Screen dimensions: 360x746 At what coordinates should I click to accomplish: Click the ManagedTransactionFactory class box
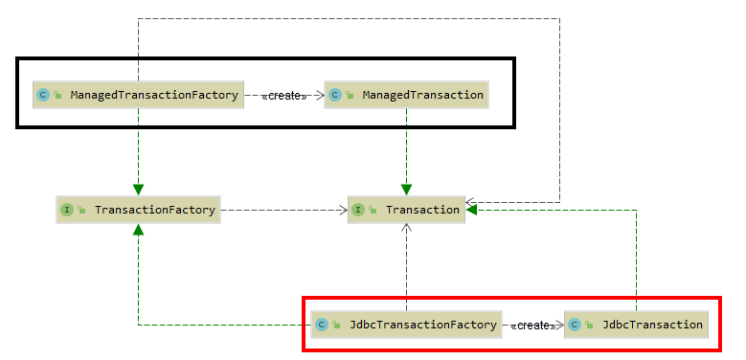point(139,95)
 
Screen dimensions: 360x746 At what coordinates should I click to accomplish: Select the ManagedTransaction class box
point(406,95)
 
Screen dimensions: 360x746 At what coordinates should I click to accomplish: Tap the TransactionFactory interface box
point(139,209)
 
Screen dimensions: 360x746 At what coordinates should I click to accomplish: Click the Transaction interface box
point(406,209)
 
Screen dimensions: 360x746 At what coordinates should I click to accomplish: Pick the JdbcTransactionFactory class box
point(406,325)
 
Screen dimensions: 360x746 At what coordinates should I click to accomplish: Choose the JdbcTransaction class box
point(636,325)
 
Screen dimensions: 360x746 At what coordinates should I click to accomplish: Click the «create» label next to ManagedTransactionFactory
point(284,96)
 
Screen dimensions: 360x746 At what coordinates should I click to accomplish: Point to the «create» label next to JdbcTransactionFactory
point(533,326)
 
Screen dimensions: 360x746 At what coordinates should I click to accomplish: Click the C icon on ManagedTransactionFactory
point(43,95)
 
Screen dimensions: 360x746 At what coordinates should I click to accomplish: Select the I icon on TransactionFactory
point(67,209)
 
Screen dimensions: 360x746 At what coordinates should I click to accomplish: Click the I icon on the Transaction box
point(357,209)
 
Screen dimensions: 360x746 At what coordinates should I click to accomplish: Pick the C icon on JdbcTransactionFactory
point(322,325)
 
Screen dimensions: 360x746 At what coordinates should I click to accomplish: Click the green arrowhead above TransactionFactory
point(139,189)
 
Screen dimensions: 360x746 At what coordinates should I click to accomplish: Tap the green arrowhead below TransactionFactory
point(139,229)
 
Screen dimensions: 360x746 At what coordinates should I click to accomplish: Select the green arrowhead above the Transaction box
point(407,189)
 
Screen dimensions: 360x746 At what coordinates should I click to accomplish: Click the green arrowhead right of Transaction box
point(471,209)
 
